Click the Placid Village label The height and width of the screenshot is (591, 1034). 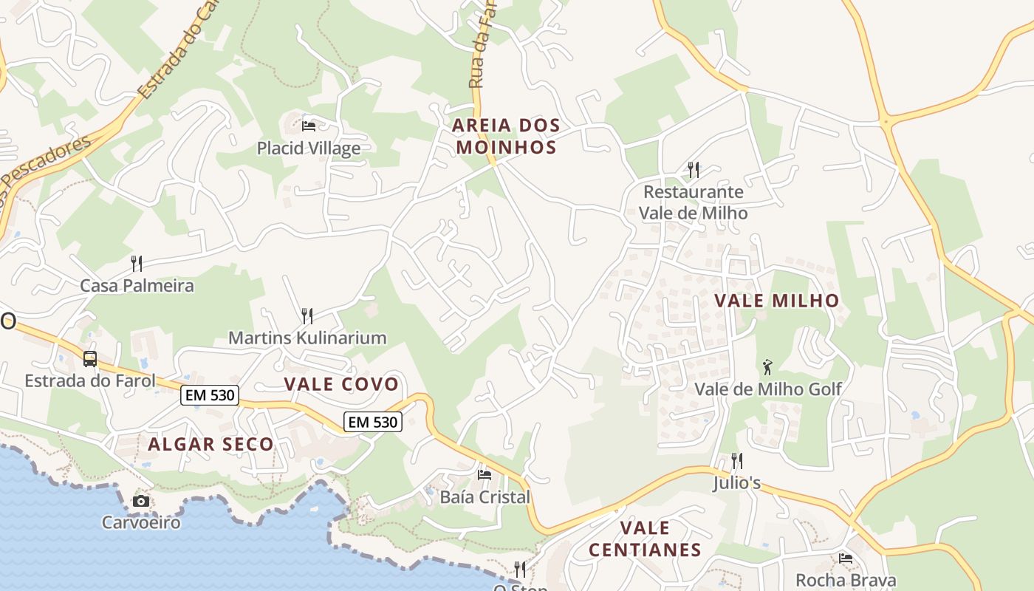tap(309, 148)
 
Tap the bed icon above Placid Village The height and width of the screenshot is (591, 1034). tap(309, 126)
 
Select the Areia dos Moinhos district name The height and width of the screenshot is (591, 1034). tap(506, 136)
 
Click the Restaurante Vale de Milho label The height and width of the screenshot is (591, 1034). tap(693, 202)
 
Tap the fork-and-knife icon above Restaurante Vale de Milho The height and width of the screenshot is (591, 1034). tap(693, 170)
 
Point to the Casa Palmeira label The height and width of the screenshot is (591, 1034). tap(137, 286)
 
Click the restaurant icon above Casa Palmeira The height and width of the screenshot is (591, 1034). tap(137, 263)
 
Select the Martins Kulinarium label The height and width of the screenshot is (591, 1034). tap(307, 338)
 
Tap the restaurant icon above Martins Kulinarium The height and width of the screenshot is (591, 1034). tap(307, 316)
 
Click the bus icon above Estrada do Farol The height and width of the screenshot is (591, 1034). tap(90, 359)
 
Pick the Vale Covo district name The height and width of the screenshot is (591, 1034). tap(341, 384)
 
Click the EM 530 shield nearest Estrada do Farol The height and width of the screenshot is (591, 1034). tap(210, 396)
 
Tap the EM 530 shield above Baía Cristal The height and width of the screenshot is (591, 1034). tap(373, 423)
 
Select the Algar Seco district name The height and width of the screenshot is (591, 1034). tap(210, 445)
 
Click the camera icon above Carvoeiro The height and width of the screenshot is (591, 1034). tap(140, 502)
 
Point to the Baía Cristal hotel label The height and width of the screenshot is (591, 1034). tap(485, 497)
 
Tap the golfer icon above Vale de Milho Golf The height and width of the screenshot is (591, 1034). tap(768, 366)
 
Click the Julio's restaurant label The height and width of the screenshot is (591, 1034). tap(736, 484)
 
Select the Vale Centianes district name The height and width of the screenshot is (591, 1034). tap(645, 539)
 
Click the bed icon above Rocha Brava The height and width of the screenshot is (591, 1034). tap(846, 558)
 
